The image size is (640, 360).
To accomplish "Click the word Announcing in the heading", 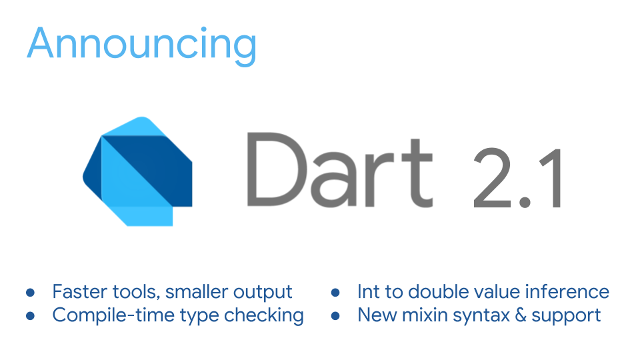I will tap(141, 45).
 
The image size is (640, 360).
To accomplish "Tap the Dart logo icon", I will tap(137, 171).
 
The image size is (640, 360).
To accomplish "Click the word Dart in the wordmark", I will tap(339, 169).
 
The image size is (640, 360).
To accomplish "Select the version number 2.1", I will tap(517, 178).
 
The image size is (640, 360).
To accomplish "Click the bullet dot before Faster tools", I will tap(30, 293).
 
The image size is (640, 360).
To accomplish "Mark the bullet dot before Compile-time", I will tap(30, 315).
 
